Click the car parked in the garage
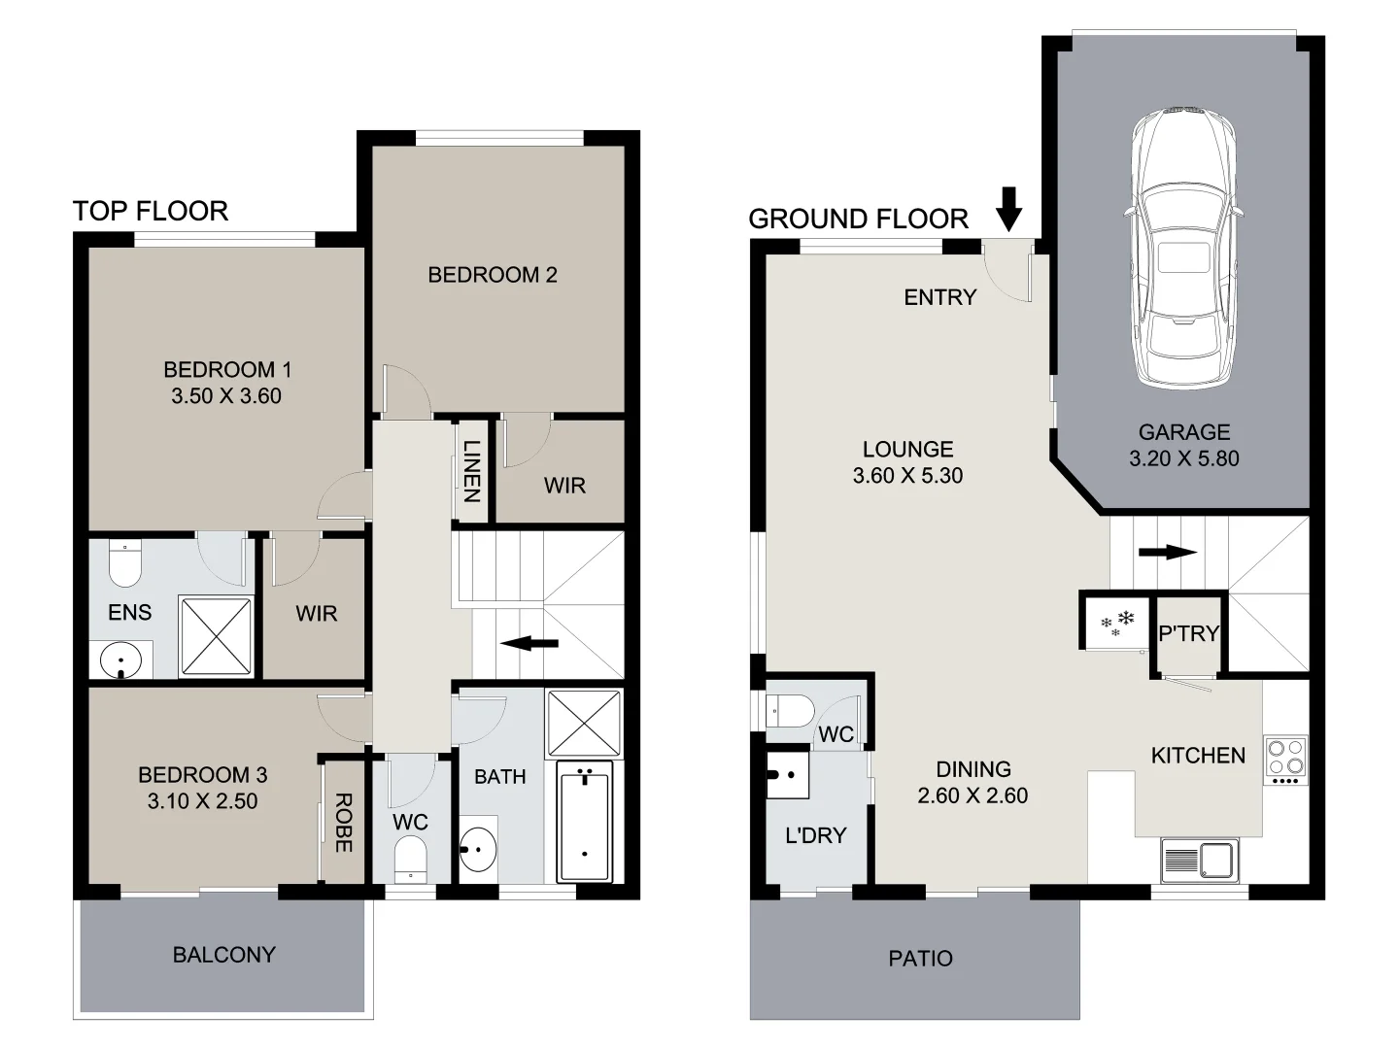click(x=1182, y=248)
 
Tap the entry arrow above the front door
click(x=1009, y=209)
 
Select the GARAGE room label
click(x=1183, y=432)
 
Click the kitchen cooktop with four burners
click(x=1286, y=760)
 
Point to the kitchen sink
click(x=1200, y=861)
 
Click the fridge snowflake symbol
click(x=1116, y=623)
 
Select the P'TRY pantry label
click(x=1188, y=633)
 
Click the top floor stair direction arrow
click(x=529, y=642)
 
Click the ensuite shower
click(x=217, y=636)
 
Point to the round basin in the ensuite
click(x=121, y=660)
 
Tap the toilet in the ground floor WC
click(x=791, y=712)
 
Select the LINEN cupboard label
click(x=471, y=471)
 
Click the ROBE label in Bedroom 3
click(x=343, y=823)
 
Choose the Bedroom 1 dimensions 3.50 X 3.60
click(x=226, y=396)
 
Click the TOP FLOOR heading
click(x=151, y=211)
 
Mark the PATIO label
click(x=920, y=959)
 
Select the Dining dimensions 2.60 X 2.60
click(x=972, y=795)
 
